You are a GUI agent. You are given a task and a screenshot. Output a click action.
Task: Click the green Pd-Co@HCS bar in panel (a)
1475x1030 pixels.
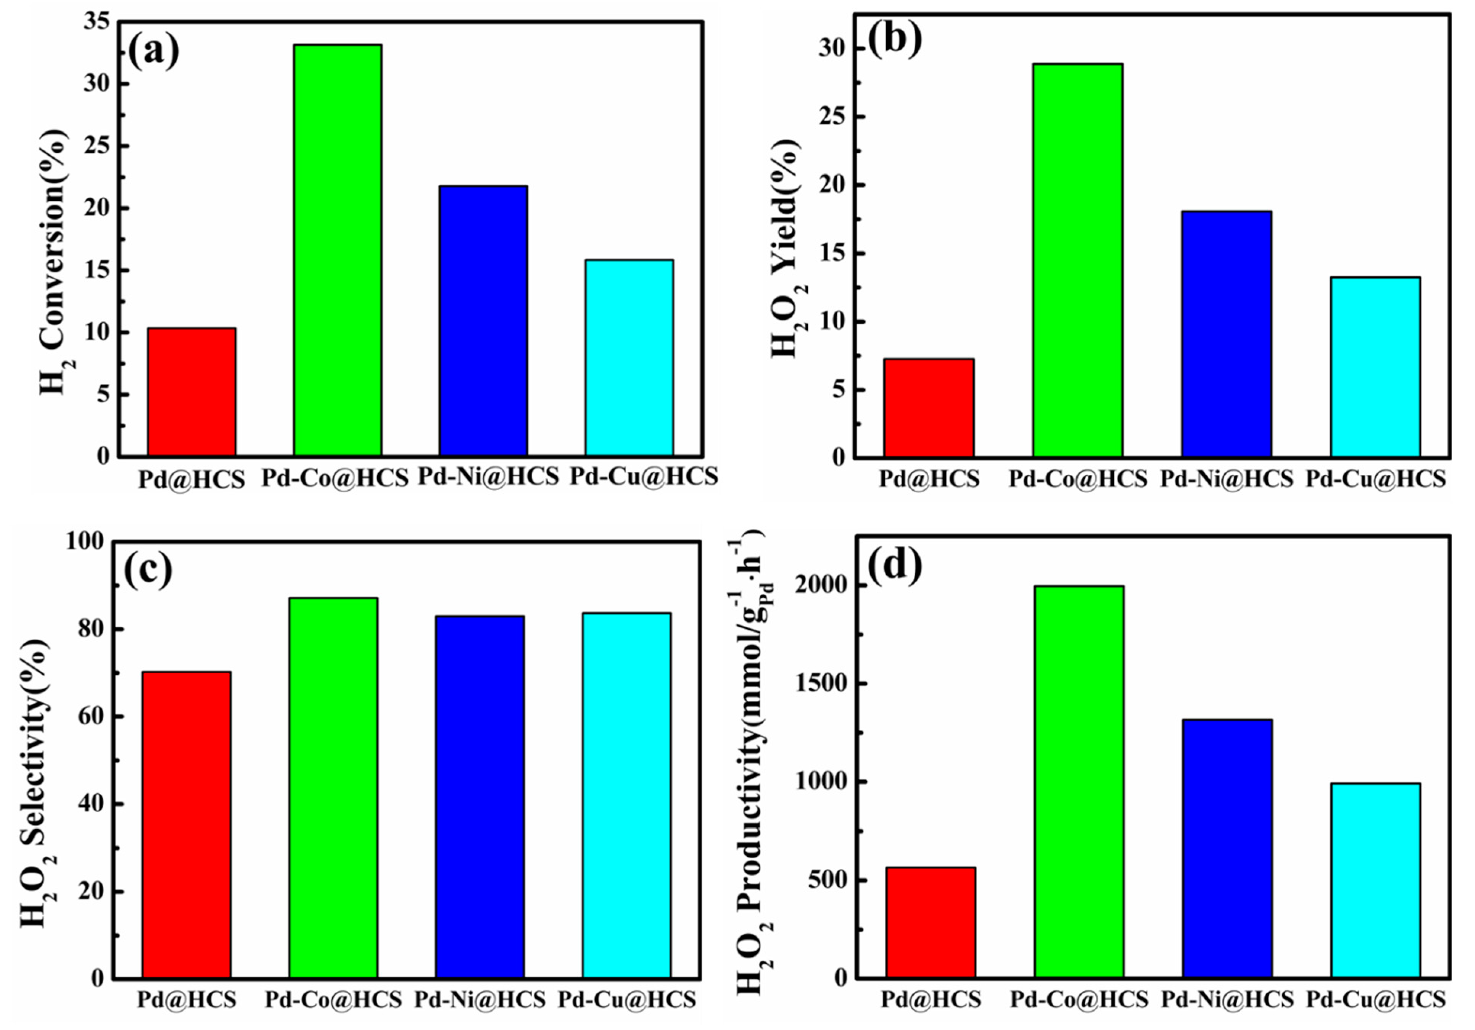click(x=337, y=251)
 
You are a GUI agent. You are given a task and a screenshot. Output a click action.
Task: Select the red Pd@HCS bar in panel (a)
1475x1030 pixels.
click(x=192, y=392)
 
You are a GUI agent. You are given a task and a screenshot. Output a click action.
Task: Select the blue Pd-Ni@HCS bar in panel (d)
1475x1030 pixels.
click(x=1227, y=848)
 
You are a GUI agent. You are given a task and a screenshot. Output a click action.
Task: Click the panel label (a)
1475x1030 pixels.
click(x=154, y=52)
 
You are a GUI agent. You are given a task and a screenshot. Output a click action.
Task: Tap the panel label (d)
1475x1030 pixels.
click(x=895, y=564)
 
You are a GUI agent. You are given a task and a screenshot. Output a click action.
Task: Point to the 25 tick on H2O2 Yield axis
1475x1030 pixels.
click(x=833, y=117)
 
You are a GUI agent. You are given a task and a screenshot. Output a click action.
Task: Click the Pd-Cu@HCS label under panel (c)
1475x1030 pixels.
click(x=626, y=999)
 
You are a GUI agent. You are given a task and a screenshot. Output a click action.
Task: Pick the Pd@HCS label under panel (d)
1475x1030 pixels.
click(x=931, y=999)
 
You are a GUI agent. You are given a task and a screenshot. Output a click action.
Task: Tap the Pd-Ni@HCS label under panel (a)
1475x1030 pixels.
click(x=489, y=476)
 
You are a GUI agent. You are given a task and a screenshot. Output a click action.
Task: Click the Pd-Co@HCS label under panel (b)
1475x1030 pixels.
click(x=1078, y=479)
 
